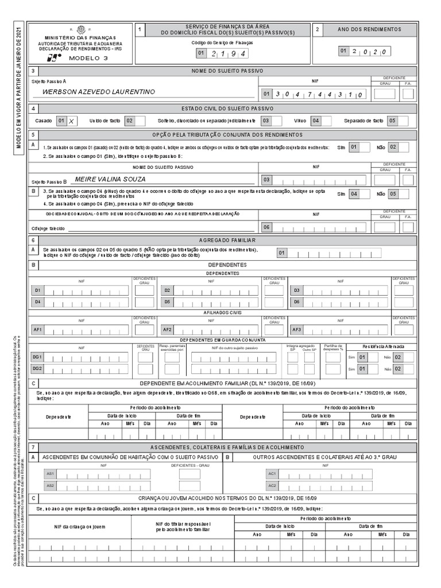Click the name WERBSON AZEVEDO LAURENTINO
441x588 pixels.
click(99, 92)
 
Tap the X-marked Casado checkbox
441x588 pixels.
click(71, 121)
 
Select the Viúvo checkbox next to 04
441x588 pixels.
click(329, 121)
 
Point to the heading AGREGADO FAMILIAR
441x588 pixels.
click(223, 240)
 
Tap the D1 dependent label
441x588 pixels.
click(37, 291)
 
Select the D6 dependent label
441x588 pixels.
click(297, 301)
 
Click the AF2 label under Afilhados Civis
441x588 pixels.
click(167, 330)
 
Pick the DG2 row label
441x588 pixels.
click(37, 369)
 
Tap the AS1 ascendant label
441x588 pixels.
click(51, 474)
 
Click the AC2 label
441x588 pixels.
click(272, 486)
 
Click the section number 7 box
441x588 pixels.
click(34, 447)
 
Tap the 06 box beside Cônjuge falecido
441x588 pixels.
click(266, 227)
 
